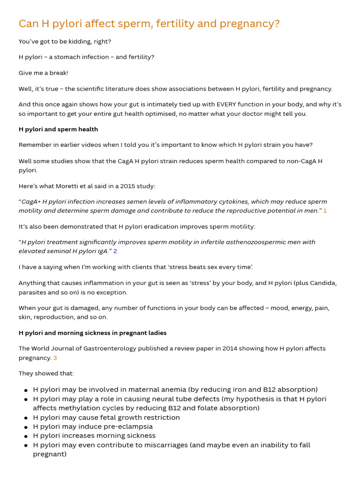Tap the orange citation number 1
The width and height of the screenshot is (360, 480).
pyautogui.click(x=325, y=211)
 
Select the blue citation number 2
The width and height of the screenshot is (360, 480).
pyautogui.click(x=115, y=251)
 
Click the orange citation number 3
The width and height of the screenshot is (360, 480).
pyautogui.click(x=55, y=358)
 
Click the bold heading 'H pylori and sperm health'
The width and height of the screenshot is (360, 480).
pyautogui.click(x=58, y=129)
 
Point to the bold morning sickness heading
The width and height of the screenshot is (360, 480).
pyautogui.click(x=92, y=333)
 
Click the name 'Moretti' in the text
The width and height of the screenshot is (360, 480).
pyautogui.click(x=72, y=186)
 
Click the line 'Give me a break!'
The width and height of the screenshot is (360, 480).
pyautogui.click(x=44, y=73)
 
